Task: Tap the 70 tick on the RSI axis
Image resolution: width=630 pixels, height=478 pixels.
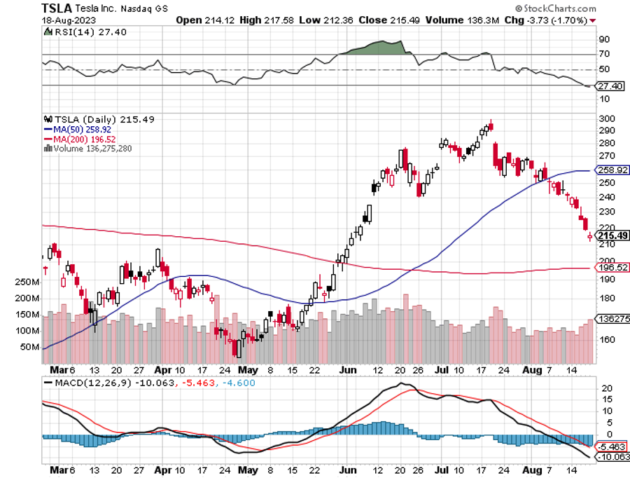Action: click(x=601, y=54)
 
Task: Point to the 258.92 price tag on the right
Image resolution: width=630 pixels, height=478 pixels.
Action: click(x=611, y=170)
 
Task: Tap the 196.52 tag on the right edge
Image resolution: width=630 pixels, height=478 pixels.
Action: click(x=611, y=268)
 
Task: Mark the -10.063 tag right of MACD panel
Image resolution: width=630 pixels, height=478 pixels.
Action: click(x=612, y=457)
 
